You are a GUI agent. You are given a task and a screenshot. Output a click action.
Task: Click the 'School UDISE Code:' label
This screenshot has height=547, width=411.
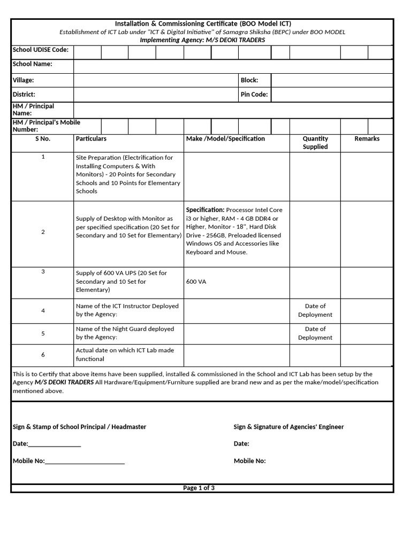(41, 50)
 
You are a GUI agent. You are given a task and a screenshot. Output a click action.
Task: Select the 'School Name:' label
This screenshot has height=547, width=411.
(32, 64)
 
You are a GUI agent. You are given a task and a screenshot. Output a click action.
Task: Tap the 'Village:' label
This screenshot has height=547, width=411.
(24, 80)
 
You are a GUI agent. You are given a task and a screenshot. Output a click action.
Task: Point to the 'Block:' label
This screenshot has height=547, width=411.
(249, 80)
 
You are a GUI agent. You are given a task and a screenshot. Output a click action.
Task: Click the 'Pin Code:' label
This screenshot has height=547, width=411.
(254, 95)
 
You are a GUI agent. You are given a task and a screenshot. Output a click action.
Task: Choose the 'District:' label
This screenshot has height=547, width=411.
(24, 95)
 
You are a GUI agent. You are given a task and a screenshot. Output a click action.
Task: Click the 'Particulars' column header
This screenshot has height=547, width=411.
(91, 139)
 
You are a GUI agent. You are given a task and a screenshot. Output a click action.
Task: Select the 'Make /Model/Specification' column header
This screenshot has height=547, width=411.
(225, 139)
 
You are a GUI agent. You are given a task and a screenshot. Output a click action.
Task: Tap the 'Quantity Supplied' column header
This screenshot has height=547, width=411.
(315, 143)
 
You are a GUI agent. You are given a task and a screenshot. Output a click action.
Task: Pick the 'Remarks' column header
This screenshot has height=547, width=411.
(367, 139)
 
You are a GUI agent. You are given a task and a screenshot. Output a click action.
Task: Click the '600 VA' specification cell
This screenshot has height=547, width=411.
(196, 282)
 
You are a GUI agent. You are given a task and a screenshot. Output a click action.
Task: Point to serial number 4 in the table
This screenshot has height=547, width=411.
(43, 310)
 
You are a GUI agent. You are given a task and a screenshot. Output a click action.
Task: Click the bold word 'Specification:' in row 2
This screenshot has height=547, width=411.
(205, 210)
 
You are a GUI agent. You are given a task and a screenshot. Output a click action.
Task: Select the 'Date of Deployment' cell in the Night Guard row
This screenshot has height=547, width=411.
(315, 333)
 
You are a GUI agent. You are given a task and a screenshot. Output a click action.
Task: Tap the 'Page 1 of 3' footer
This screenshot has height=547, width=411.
(199, 488)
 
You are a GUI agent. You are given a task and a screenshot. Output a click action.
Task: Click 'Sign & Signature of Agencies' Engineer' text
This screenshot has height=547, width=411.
(288, 427)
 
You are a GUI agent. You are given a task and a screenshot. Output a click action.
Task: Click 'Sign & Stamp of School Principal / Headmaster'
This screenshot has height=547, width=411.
(79, 427)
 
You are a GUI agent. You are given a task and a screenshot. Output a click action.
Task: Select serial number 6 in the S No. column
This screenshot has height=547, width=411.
(43, 355)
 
